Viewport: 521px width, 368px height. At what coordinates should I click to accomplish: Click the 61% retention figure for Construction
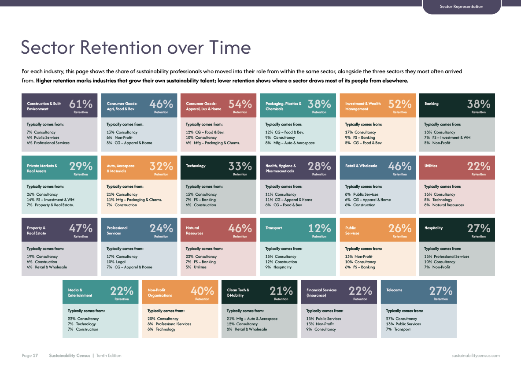81,104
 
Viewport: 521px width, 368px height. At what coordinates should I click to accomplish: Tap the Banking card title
431,104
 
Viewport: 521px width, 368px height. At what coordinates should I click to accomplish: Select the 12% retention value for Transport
319,228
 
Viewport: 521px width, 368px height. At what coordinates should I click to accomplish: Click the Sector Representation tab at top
462,6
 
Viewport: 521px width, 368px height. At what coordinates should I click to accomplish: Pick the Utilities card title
431,166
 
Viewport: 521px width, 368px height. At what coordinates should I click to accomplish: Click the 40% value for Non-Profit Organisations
202,291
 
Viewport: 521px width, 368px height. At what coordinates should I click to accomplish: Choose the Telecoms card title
394,290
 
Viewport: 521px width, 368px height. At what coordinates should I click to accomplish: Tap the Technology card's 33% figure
240,166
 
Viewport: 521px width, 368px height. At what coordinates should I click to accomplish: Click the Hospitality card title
434,228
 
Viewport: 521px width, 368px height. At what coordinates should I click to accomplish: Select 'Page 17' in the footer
30,356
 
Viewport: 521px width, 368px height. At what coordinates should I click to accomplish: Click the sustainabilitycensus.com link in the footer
476,356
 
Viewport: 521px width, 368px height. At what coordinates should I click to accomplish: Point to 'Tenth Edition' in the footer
109,356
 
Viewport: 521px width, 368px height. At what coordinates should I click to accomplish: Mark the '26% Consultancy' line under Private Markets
42,194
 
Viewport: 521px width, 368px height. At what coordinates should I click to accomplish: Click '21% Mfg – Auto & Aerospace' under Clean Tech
252,319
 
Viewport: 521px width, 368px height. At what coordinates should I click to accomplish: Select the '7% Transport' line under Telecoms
398,330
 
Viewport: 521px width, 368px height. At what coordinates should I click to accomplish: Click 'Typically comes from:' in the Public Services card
363,249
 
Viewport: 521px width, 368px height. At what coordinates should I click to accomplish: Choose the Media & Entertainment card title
80,293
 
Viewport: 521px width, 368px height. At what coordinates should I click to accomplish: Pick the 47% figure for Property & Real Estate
81,228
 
